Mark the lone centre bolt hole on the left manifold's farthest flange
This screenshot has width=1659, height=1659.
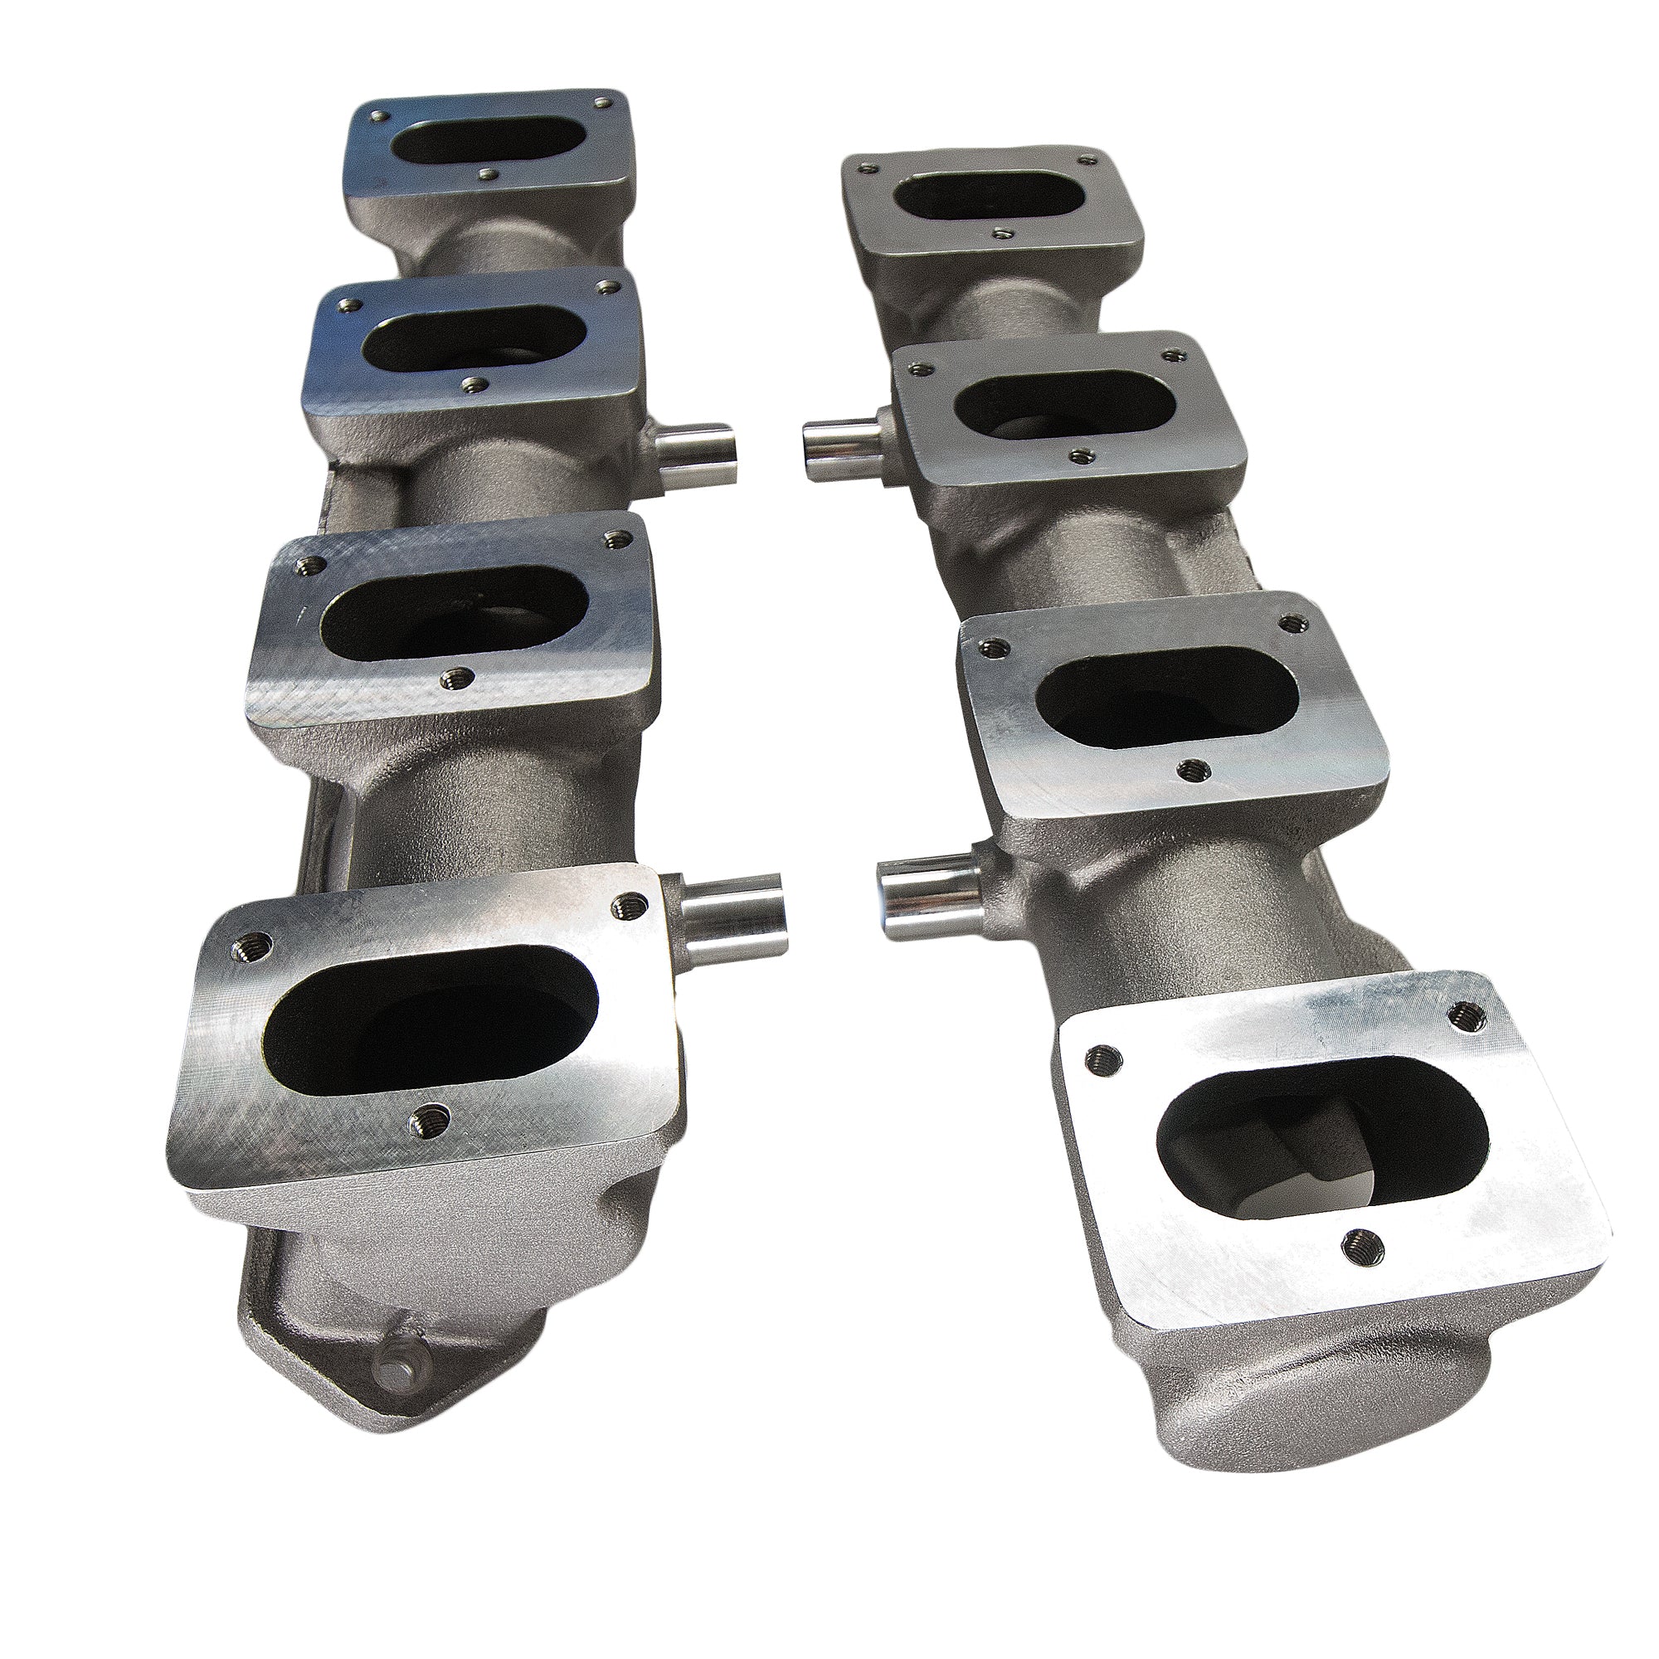(488, 175)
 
